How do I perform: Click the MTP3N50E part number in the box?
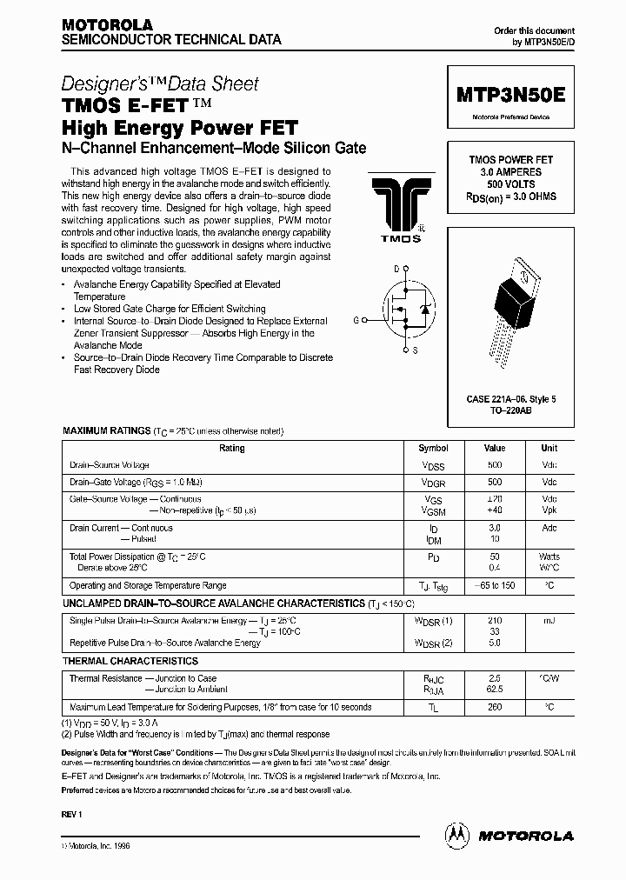510,95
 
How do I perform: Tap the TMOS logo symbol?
396,207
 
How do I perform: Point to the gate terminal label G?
356,320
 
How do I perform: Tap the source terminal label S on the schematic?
414,350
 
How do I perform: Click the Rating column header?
232,449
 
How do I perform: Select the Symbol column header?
433,449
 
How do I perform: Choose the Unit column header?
549,449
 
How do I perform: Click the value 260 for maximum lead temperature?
496,708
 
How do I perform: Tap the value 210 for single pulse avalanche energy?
496,620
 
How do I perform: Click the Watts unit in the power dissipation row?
549,557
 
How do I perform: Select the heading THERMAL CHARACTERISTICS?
130,662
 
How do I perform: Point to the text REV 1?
71,813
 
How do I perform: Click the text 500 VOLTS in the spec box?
510,184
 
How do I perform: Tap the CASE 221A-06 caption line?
510,398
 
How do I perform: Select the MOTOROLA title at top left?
107,25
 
